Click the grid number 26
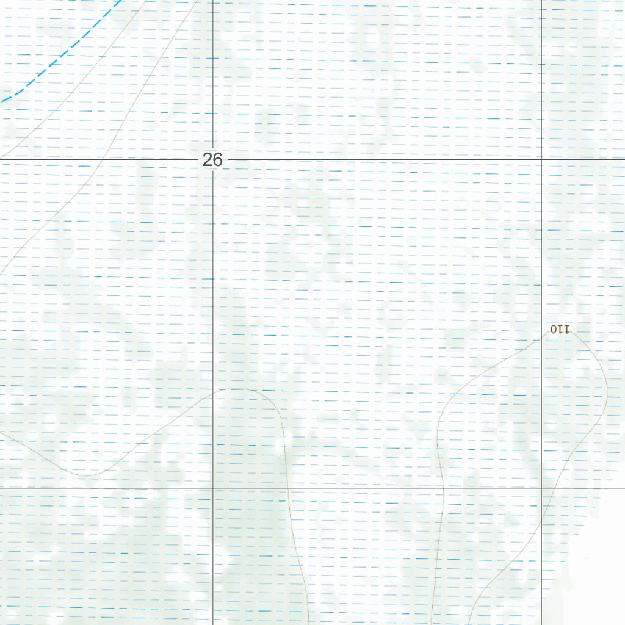tap(212, 160)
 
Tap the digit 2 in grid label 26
tap(208, 160)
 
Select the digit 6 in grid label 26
tap(217, 160)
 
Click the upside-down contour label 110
tap(560, 330)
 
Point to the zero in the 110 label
tap(554, 330)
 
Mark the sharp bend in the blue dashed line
tap(21, 91)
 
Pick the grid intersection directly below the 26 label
tap(212, 488)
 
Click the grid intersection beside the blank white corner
tap(542, 488)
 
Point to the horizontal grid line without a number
tap(366, 488)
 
